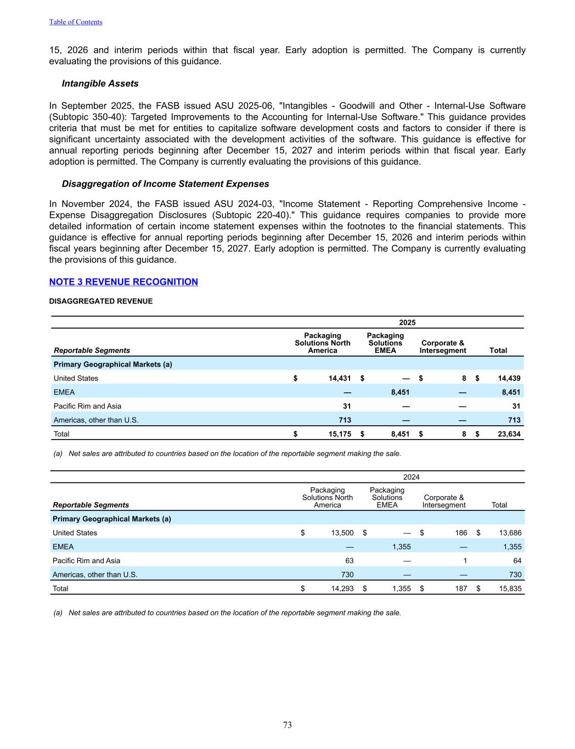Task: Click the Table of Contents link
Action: coord(76,22)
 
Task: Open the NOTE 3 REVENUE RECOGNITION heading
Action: coord(123,282)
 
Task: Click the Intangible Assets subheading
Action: coord(100,83)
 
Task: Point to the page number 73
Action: coord(287,725)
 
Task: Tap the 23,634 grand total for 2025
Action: coord(509,434)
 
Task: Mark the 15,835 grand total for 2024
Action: coord(510,589)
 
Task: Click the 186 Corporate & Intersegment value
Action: coord(461,533)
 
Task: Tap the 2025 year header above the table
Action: coord(407,323)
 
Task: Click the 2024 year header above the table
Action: coord(411,477)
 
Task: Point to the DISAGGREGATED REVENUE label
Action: coord(101,301)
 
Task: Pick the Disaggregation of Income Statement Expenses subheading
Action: coord(165,184)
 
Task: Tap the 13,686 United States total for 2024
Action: coord(510,533)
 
